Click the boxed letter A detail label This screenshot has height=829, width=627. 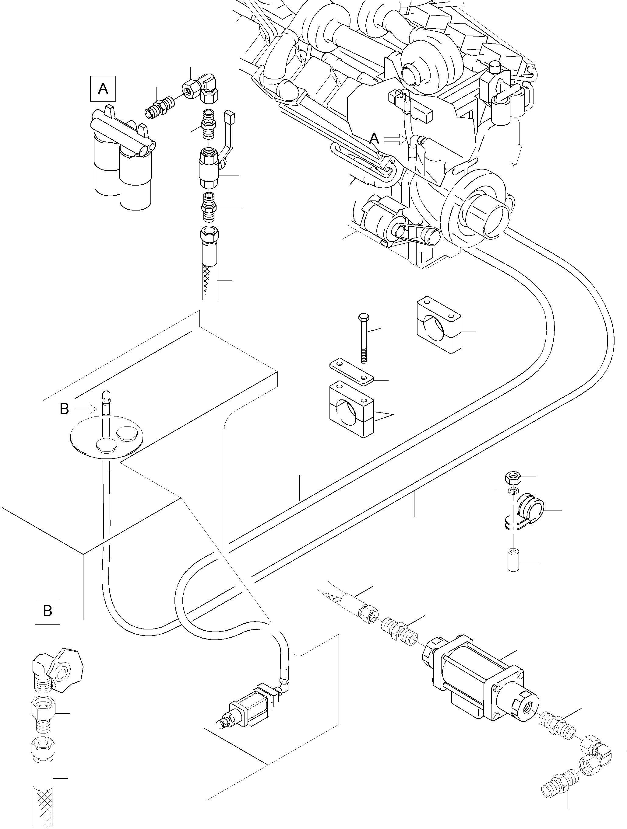pyautogui.click(x=103, y=89)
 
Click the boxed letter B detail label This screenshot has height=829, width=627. pyautogui.click(x=47, y=611)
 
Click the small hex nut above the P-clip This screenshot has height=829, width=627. pyautogui.click(x=513, y=478)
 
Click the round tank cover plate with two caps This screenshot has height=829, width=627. pyautogui.click(x=107, y=438)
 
